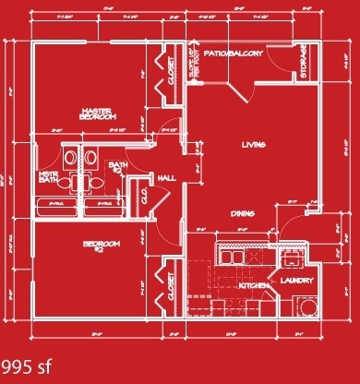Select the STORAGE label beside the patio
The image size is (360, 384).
coord(304,62)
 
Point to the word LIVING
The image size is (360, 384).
coord(254,145)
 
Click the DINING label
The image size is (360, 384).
coord(243,213)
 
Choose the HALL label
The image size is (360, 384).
coord(167,178)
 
